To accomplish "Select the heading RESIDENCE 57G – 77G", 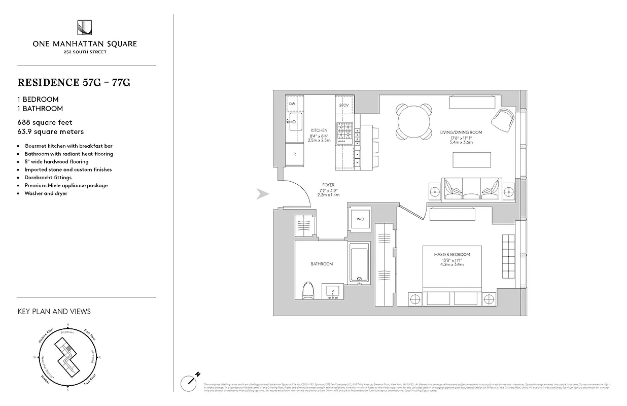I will pos(74,83).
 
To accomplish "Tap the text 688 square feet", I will pos(45,122).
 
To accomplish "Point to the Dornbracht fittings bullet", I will pos(48,178).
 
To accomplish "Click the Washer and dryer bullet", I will pos(46,193).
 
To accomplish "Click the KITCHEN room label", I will pos(319,130).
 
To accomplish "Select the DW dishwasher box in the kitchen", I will pos(292,104).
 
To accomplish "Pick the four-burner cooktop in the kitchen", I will pos(344,131).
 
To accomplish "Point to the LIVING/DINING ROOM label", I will pos(461,132).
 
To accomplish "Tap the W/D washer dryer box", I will pos(360,219).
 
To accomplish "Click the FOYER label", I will pos(328,185).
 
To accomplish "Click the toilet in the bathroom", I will pos(308,292).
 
